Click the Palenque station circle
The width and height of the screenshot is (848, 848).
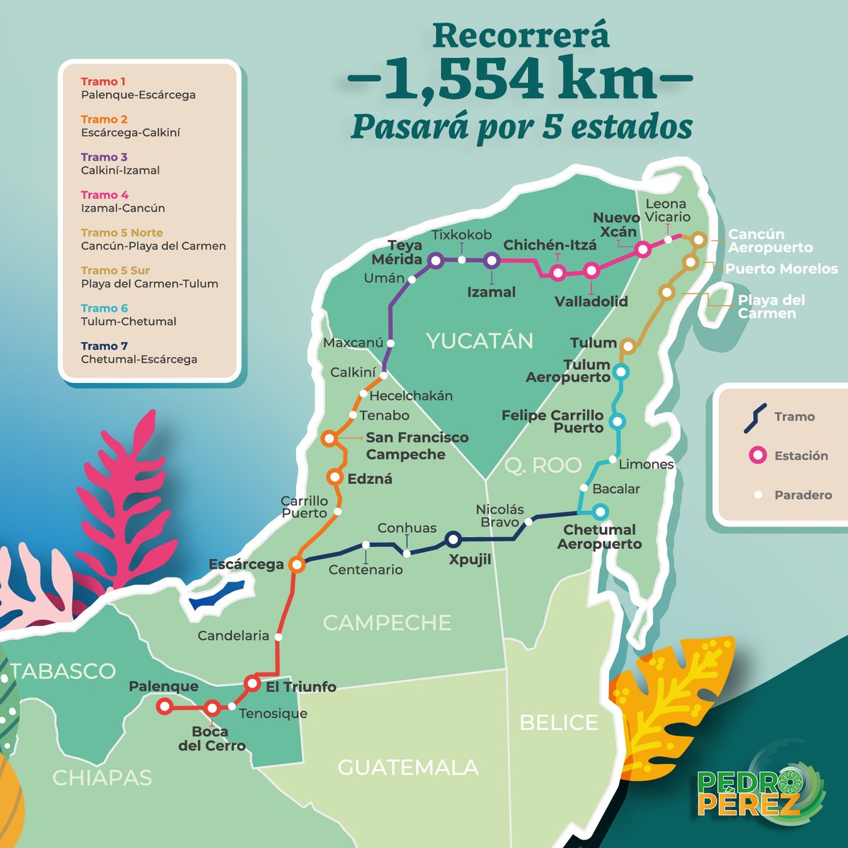click(164, 705)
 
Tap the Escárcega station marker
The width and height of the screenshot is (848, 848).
click(297, 564)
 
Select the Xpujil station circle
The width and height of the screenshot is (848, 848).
click(453, 540)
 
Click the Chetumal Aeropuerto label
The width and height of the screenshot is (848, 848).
click(599, 537)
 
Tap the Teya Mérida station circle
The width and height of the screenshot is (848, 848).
click(435, 261)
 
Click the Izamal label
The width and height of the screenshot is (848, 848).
click(491, 292)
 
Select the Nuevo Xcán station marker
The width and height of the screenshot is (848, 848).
click(642, 249)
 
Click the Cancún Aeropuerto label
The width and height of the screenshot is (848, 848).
click(770, 241)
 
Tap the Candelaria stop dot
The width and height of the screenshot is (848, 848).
click(278, 637)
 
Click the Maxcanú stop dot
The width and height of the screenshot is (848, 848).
click(390, 343)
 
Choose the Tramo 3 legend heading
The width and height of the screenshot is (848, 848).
click(104, 157)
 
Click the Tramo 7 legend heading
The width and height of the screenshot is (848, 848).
click(104, 346)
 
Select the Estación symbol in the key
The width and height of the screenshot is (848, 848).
click(758, 456)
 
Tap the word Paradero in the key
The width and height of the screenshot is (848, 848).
click(803, 495)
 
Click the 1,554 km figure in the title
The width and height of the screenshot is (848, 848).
click(520, 80)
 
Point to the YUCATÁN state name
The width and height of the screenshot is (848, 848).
click(480, 341)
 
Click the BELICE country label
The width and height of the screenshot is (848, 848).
click(558, 722)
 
